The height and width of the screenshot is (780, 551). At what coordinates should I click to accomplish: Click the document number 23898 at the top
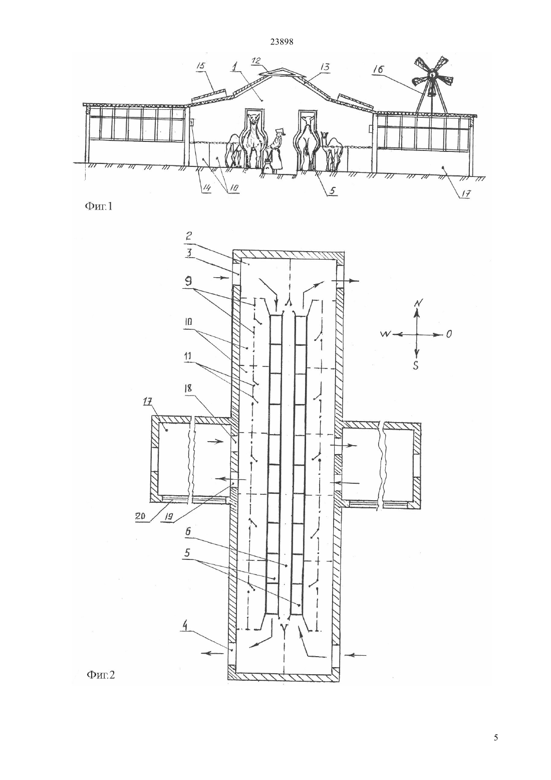click(x=282, y=42)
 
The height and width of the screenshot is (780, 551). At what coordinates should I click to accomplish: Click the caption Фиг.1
click(x=99, y=207)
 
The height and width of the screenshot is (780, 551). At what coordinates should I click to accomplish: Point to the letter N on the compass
click(x=417, y=303)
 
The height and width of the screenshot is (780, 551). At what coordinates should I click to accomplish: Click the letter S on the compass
click(x=416, y=365)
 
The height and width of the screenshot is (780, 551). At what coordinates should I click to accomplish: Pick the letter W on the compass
click(x=386, y=334)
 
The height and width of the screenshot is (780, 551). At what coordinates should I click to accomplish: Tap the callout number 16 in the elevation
click(x=379, y=69)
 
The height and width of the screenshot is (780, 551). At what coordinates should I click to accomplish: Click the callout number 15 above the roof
click(x=202, y=66)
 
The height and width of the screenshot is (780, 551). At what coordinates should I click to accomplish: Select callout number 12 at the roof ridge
click(x=256, y=61)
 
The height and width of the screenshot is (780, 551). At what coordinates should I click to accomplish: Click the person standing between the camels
click(x=277, y=150)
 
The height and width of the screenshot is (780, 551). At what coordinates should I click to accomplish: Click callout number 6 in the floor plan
click(x=188, y=539)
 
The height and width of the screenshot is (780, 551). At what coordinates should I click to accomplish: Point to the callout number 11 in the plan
click(x=189, y=356)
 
